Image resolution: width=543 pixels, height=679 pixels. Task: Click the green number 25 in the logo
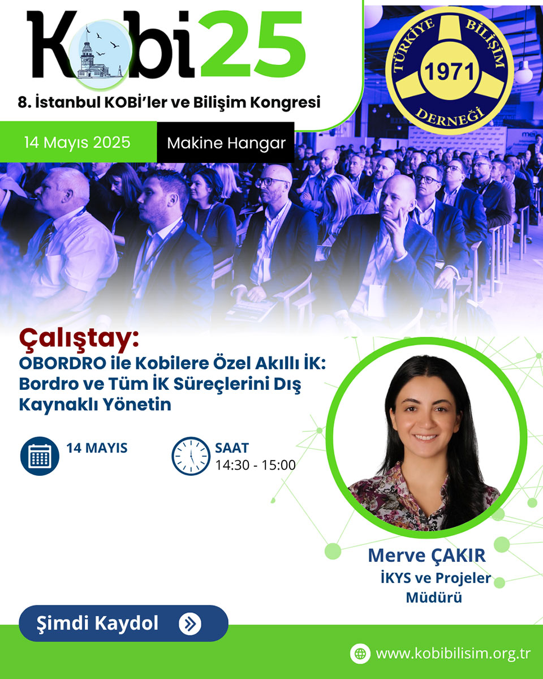click(253, 44)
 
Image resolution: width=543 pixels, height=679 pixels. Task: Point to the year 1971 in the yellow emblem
click(450, 72)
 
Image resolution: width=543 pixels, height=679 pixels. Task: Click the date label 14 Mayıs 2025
click(77, 142)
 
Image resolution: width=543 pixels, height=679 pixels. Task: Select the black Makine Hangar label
click(226, 143)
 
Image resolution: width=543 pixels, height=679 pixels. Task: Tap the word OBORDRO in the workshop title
click(62, 363)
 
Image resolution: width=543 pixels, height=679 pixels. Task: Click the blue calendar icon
click(40, 456)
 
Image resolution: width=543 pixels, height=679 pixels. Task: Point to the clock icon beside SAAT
click(191, 456)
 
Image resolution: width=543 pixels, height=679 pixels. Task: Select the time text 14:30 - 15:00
click(255, 465)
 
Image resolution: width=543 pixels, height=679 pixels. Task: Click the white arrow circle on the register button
click(190, 624)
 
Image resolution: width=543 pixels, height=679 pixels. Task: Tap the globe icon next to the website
click(360, 654)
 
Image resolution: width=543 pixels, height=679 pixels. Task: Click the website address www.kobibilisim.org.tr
click(453, 654)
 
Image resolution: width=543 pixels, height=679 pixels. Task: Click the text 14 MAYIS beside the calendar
click(97, 448)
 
